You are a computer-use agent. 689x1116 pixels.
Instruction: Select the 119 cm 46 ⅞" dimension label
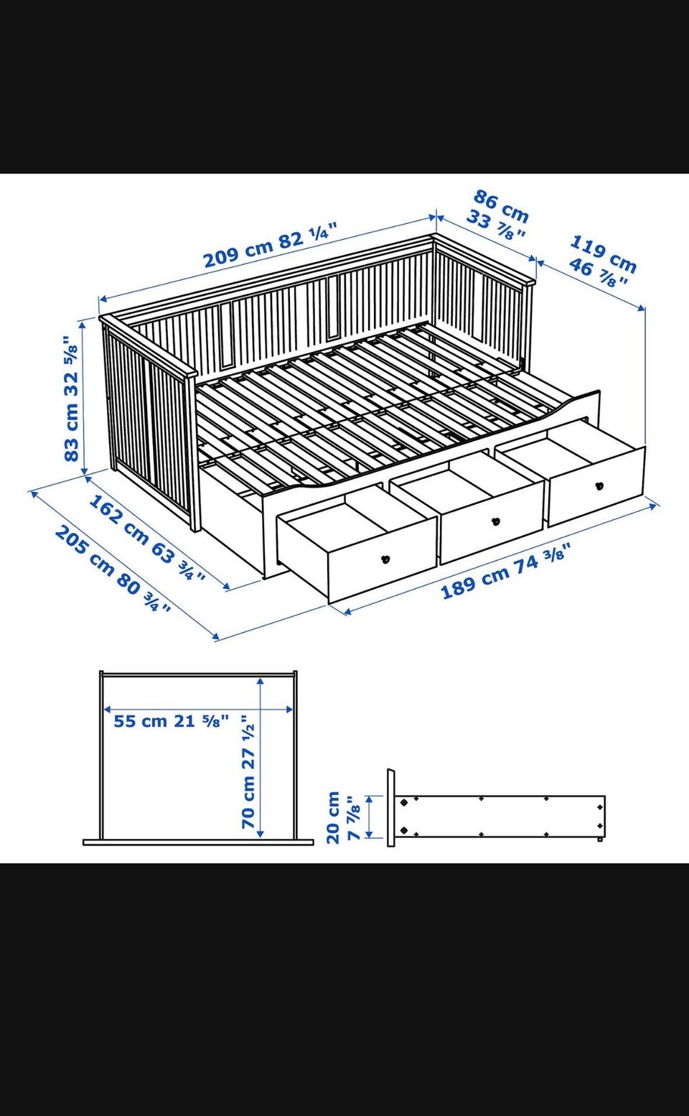coord(602,261)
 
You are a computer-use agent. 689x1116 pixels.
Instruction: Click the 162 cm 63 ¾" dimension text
coord(146,538)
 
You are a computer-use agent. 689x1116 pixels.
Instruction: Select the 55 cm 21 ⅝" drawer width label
coord(172,721)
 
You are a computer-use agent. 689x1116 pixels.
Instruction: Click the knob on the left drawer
coord(385,559)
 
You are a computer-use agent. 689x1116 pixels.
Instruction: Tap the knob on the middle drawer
coord(495,521)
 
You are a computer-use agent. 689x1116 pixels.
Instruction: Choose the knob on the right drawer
coord(599,485)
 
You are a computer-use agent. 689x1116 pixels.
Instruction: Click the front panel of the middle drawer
coord(492,522)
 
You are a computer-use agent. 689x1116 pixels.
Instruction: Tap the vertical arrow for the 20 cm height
coord(369,817)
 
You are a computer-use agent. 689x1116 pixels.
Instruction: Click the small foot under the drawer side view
coord(601,840)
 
